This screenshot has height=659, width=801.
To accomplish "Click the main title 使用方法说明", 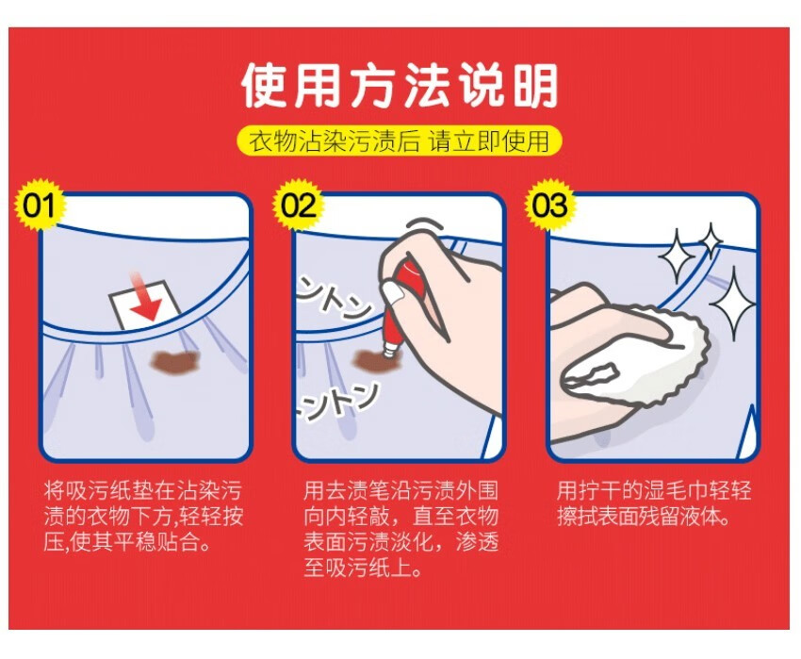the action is pos(399,86).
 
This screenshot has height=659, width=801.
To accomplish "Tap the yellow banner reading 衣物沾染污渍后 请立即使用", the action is pos(399,140).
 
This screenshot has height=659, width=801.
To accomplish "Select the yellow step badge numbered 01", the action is pos(40,205).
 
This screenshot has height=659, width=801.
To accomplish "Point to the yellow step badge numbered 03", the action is pos(550,205).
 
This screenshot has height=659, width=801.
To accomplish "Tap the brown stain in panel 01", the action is pos(174,361).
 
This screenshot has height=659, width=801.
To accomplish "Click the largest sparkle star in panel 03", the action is pos(733,304).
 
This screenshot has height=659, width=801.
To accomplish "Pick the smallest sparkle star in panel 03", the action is pos(711,240).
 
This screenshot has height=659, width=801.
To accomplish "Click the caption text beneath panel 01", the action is pos(143,516).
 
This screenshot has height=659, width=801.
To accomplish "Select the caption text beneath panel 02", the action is pos(400,529).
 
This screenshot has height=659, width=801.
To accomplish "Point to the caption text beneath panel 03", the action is pos(653,503).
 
